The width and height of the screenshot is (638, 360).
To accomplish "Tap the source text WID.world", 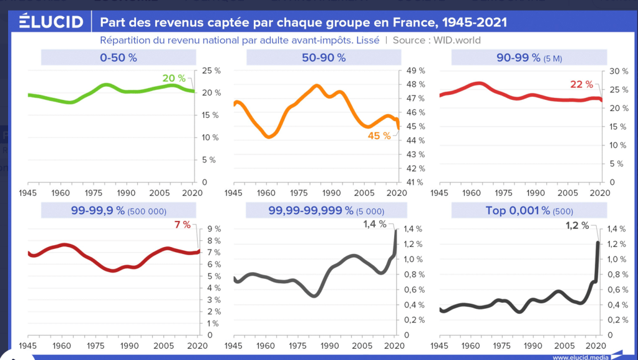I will [458, 41].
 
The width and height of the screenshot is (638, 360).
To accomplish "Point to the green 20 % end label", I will [174, 78].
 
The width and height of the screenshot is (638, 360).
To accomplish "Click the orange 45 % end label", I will [379, 135].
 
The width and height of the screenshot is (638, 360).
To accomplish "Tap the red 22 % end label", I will [582, 84].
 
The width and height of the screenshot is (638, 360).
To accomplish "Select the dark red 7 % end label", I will [182, 224].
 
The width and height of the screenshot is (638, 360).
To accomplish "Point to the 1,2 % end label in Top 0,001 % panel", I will [577, 225].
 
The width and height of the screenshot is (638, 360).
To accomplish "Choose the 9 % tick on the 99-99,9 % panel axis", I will [206, 229].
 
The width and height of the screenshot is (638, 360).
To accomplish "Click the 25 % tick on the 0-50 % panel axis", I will [210, 71].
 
